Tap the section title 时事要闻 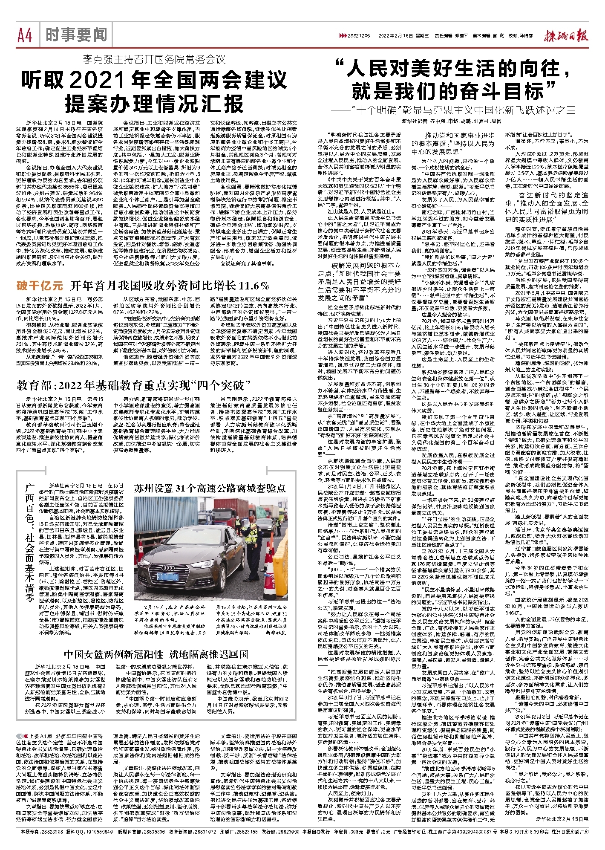point(76,35)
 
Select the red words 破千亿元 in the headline point(40,285)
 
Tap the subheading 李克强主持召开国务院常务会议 point(154,60)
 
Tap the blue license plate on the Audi point(168,577)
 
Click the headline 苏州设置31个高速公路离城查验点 point(210,488)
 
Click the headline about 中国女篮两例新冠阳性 point(156,654)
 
